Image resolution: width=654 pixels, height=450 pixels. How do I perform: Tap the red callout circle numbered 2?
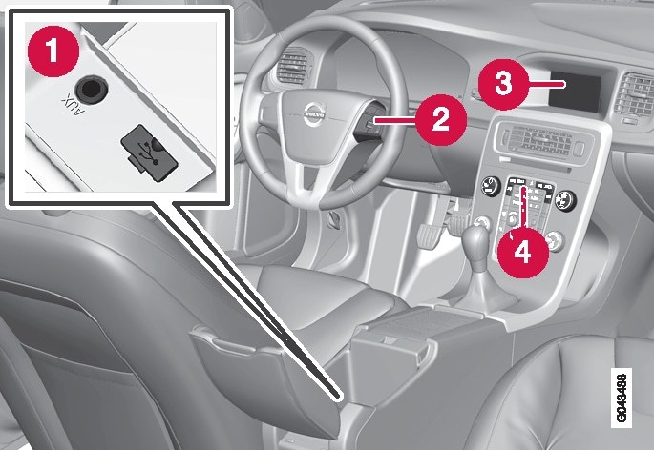pos(440,119)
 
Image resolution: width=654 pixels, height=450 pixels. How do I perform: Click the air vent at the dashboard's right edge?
pos(633,95)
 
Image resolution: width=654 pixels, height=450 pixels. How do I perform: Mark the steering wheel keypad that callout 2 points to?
pos(368,125)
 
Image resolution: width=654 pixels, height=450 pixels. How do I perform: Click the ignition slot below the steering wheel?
pos(335,217)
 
